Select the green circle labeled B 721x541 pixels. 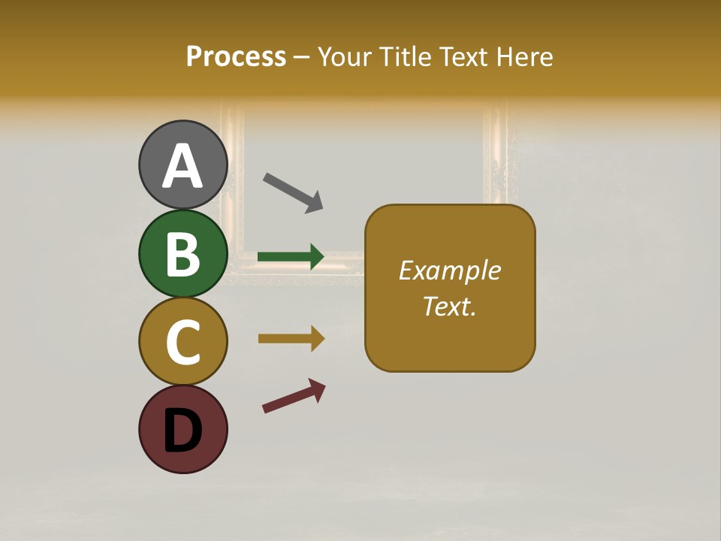(183, 254)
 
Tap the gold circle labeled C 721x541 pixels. (183, 341)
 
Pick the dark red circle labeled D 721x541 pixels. (183, 429)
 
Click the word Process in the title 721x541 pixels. (236, 56)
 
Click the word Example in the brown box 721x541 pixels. (449, 270)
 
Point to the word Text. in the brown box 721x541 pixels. (449, 307)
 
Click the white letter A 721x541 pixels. (183, 165)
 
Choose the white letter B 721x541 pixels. (183, 254)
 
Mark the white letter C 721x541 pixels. (183, 342)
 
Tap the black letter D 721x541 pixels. (183, 431)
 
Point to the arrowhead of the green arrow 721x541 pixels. (316, 257)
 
